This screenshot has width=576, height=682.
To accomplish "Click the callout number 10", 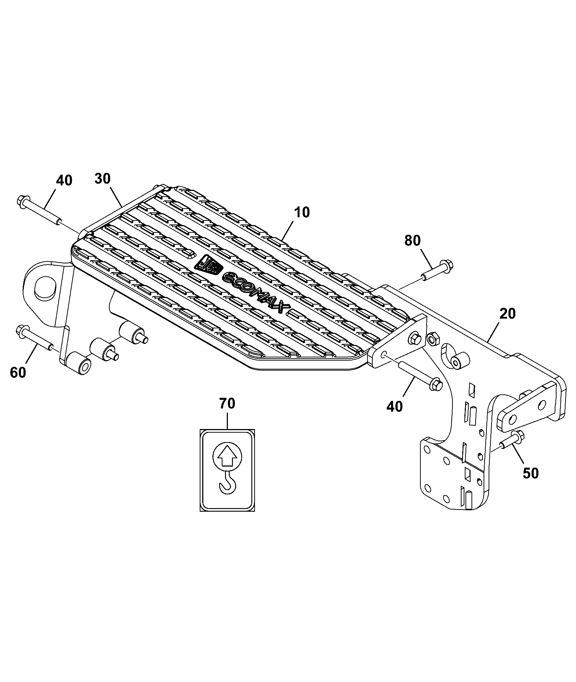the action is pos(302,212).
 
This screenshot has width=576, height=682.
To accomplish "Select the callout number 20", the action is pos(507,314).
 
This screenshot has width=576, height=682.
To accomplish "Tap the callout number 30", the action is pos(103,179).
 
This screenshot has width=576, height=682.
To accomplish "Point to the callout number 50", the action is pos(530,473).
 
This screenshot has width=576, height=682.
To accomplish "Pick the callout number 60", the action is pos(18,372).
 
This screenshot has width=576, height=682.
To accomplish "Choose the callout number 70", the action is pos(227,403).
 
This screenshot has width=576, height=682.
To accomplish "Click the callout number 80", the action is pos(412,240).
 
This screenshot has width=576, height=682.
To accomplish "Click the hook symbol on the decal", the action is pos(227,483).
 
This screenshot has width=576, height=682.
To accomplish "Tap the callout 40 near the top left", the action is pos(64,180).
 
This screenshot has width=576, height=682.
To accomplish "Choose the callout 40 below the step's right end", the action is pos(394,407).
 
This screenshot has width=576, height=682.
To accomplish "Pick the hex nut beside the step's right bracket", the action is pos(433,338).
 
